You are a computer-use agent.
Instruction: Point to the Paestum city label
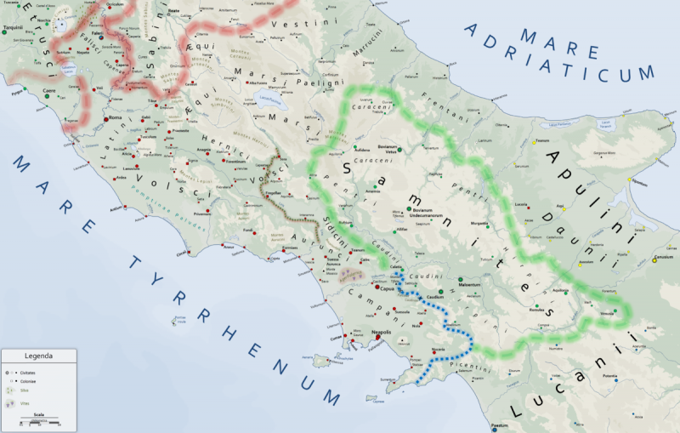(x=499, y=424)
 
